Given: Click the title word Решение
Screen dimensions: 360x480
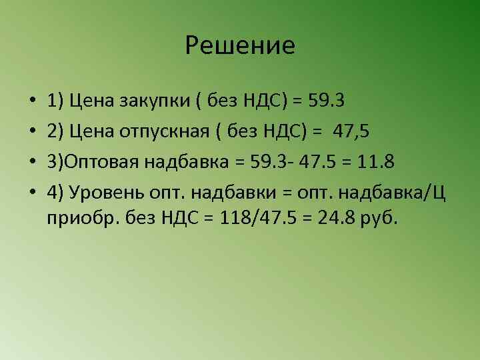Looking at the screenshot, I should [x=240, y=45].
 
